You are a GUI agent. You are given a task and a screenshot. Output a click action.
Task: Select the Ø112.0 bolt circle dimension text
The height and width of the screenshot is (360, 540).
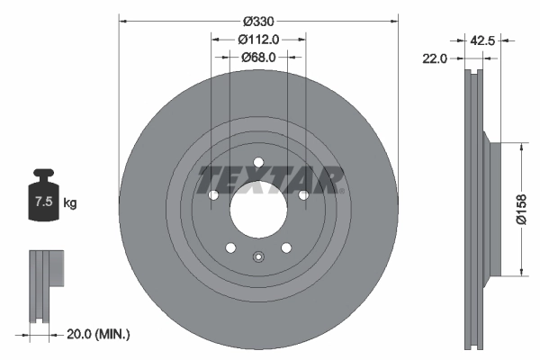tap(258, 39)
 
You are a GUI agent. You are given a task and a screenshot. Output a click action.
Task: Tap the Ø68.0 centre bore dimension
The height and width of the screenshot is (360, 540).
tap(258, 57)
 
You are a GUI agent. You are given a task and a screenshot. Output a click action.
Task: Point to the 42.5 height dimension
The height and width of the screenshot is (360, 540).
tap(483, 39)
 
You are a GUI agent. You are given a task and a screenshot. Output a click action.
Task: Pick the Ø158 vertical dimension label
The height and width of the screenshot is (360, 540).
tap(521, 208)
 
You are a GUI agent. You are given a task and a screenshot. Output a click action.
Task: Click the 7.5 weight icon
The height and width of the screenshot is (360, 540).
tap(43, 200)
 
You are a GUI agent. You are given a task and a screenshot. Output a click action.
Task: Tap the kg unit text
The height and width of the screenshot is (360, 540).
tap(69, 203)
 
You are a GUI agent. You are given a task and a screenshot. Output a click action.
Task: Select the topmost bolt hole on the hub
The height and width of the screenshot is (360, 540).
tap(258, 162)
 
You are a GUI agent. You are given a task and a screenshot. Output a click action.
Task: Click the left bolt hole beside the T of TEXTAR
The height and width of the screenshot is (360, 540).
tap(213, 195)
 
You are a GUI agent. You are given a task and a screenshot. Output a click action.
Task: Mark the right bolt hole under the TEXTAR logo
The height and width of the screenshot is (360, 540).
tap(303, 195)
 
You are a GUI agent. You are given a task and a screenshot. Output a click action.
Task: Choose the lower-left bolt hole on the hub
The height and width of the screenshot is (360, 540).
tap(230, 248)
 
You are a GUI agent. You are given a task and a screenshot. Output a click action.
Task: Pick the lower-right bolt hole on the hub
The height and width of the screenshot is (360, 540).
tap(286, 248)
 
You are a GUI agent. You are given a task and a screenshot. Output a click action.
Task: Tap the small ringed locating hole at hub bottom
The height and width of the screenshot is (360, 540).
tap(258, 256)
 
